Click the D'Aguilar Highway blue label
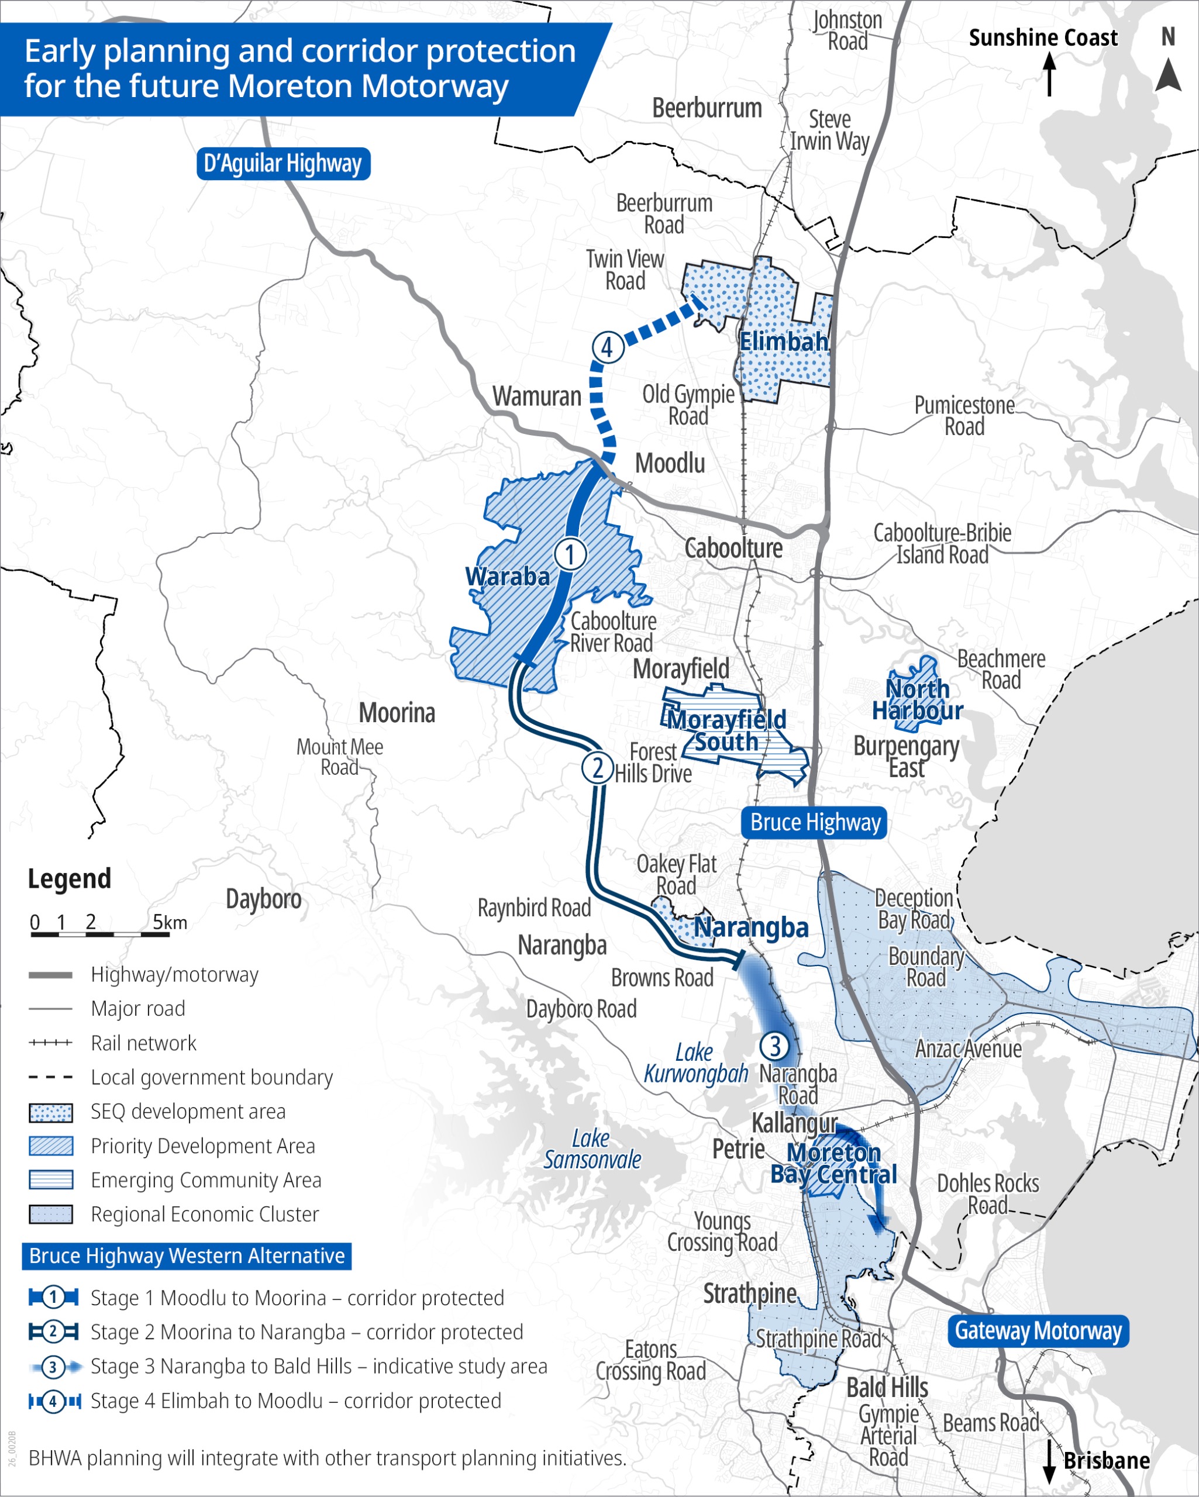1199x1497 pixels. pyautogui.click(x=282, y=164)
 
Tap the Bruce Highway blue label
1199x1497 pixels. pyautogui.click(x=815, y=822)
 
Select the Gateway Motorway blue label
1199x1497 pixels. pyautogui.click(x=1038, y=1330)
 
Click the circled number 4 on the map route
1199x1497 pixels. pyautogui.click(x=607, y=347)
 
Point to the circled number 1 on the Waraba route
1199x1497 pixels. pyautogui.click(x=570, y=554)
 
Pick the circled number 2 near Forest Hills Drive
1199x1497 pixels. pyautogui.click(x=597, y=768)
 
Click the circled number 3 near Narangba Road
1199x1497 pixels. pyautogui.click(x=774, y=1046)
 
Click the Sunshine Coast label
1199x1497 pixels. pyautogui.click(x=1043, y=38)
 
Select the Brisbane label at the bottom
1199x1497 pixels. pyautogui.click(x=1106, y=1460)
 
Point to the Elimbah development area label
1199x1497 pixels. pyautogui.click(x=784, y=341)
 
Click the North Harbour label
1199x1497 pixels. pyautogui.click(x=917, y=700)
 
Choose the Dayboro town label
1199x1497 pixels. pyautogui.click(x=263, y=899)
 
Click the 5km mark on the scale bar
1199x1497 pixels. pyautogui.click(x=170, y=922)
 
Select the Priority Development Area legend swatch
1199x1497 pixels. pyautogui.click(x=51, y=1146)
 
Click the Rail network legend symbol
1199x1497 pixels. pyautogui.click(x=51, y=1043)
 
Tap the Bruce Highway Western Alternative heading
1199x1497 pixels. pyautogui.click(x=186, y=1256)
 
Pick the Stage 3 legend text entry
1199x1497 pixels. pyautogui.click(x=318, y=1367)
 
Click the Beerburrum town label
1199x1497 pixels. pyautogui.click(x=707, y=108)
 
